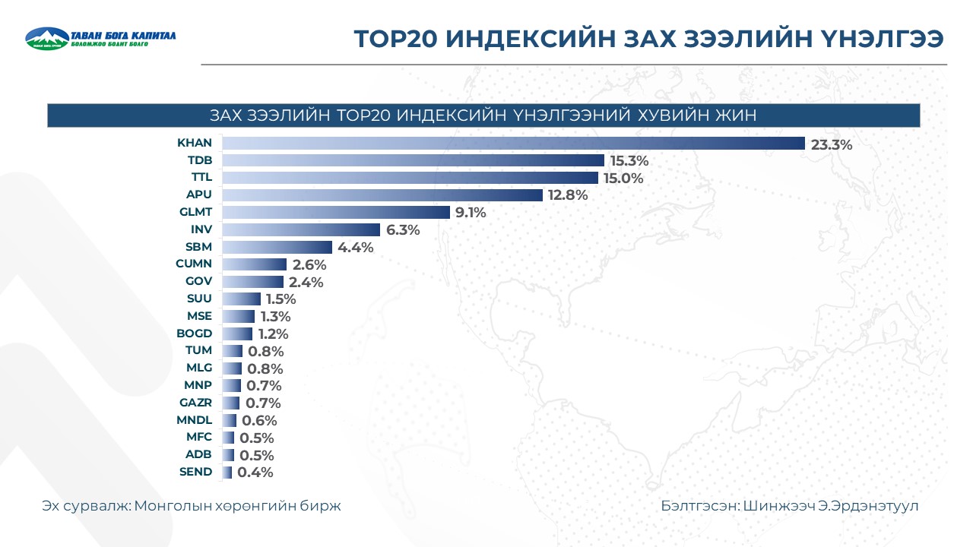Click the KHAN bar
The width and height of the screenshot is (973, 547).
pyautogui.click(x=513, y=143)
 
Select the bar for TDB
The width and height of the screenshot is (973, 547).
pyautogui.click(x=413, y=160)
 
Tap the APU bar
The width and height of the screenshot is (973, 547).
pyautogui.click(x=382, y=195)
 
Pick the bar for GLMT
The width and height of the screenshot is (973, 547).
pyautogui.click(x=336, y=213)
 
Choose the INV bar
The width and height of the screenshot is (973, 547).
pyautogui.click(x=301, y=230)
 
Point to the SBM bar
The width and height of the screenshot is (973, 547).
pyautogui.click(x=277, y=247)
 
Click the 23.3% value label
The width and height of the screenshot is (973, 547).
pyautogui.click(x=832, y=144)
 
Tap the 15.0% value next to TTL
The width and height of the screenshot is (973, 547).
pyautogui.click(x=623, y=179)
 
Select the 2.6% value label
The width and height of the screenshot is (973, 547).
pyautogui.click(x=309, y=265)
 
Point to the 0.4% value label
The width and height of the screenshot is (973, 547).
pyautogui.click(x=255, y=473)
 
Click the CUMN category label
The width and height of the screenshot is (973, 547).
pyautogui.click(x=194, y=264)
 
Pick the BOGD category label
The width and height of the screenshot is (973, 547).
pyautogui.click(x=194, y=333)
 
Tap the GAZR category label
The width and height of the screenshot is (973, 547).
pyautogui.click(x=195, y=403)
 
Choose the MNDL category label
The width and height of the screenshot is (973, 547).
pyautogui.click(x=195, y=419)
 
